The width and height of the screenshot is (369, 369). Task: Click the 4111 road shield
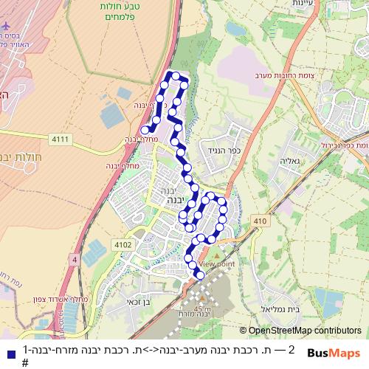tap(60, 138)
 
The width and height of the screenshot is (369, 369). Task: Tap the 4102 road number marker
tap(123, 244)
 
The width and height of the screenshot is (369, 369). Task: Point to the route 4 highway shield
tap(75, 259)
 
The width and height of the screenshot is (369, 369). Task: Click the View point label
tap(216, 263)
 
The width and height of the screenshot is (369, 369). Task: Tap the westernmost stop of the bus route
tap(145, 131)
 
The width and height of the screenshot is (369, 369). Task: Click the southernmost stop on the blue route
tap(199, 277)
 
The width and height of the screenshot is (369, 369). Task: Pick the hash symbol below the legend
tap(25, 362)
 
